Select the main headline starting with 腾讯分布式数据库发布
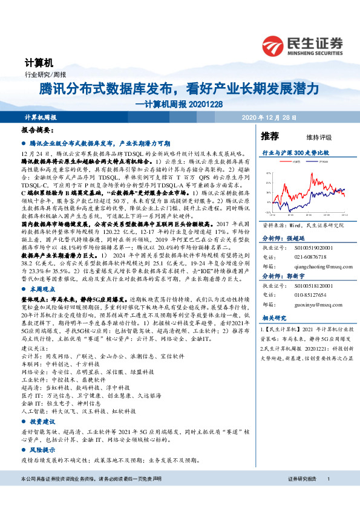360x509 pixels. (x=178, y=89)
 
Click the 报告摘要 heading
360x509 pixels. (x=39, y=130)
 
